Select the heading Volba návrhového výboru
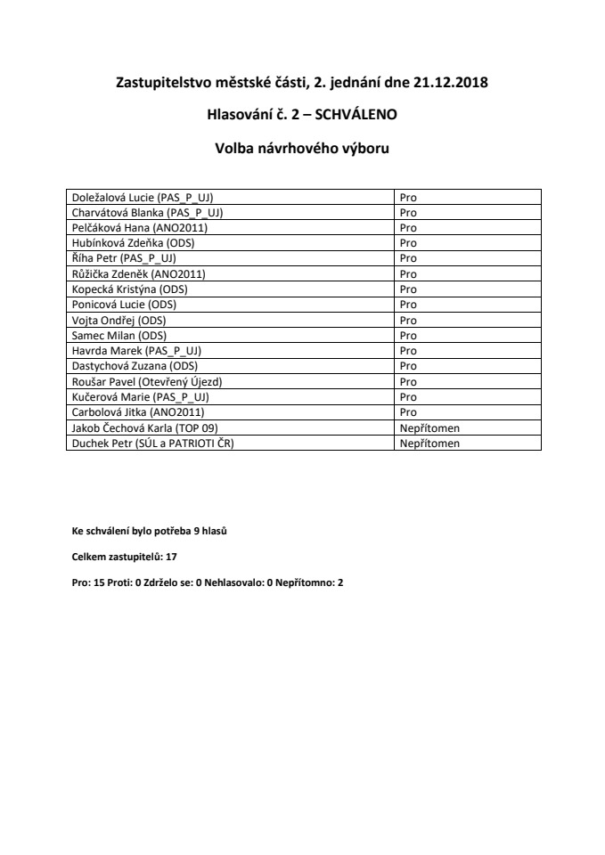click(302, 146)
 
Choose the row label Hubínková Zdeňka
click(132, 243)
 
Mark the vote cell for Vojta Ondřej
click(408, 320)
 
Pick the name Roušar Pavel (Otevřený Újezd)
click(146, 381)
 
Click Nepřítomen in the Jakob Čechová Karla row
click(429, 427)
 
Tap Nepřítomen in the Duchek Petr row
click(429, 443)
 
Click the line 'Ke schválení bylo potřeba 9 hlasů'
click(143, 531)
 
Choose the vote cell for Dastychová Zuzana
click(408, 366)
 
